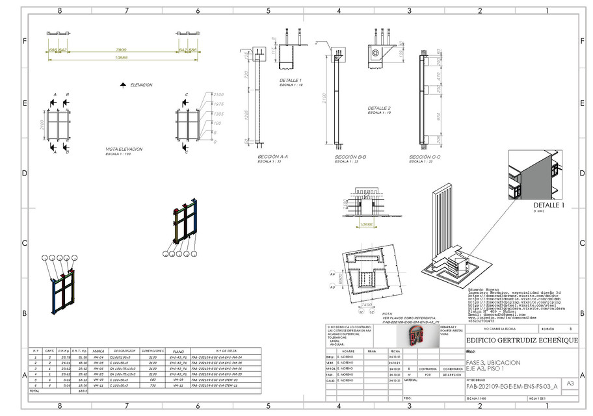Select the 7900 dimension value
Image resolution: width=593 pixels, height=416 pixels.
point(121,49)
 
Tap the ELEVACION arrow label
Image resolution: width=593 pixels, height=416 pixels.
point(141,85)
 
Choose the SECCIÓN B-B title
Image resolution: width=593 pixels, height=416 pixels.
point(350,157)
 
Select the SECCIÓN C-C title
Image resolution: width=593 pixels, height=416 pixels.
point(425,157)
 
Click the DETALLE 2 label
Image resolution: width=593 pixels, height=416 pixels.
point(379,109)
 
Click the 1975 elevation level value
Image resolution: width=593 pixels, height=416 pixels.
point(218,104)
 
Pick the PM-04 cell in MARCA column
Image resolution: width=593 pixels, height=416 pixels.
point(99,357)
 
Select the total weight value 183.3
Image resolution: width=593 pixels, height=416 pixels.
point(83,391)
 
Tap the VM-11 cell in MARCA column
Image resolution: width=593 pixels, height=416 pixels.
point(99,385)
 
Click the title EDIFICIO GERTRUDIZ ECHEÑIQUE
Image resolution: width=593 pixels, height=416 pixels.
point(513,340)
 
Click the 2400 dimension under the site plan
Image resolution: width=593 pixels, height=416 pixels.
point(366,304)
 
